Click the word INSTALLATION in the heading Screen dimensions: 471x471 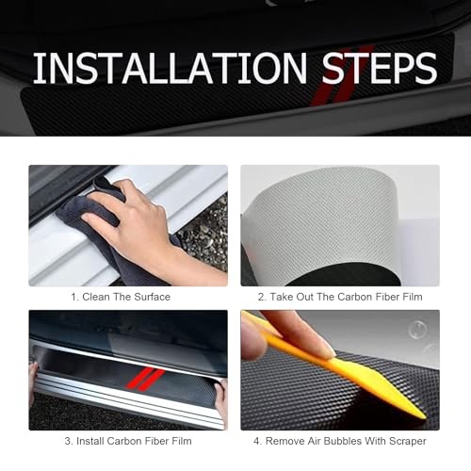[170, 68]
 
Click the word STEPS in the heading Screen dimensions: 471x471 [380, 68]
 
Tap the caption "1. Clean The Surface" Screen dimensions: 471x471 [121, 297]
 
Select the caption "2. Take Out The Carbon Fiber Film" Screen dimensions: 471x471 [340, 297]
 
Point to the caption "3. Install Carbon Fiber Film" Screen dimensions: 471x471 [128, 441]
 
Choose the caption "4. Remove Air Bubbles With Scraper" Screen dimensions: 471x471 [340, 441]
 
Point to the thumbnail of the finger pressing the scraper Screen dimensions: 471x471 [340, 370]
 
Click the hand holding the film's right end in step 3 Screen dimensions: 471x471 [221, 398]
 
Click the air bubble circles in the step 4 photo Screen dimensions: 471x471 [422, 337]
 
